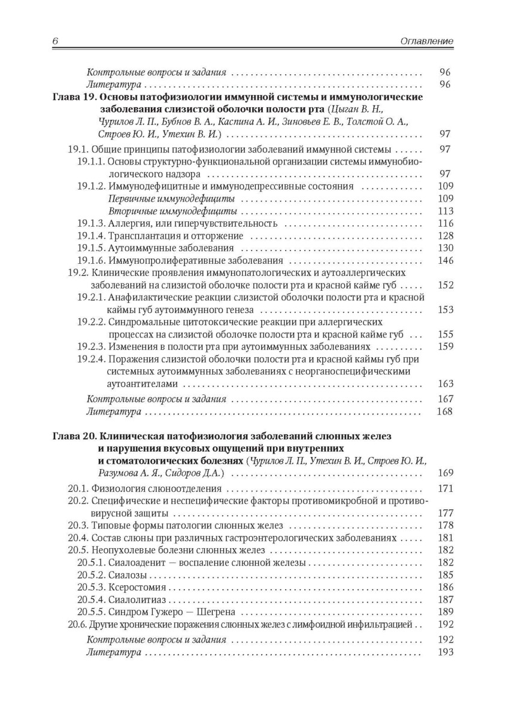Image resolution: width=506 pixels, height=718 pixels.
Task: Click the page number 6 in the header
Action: coord(54,41)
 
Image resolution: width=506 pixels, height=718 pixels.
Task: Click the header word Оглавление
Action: coord(426,41)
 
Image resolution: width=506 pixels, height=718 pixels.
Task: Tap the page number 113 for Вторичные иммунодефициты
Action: coord(446,211)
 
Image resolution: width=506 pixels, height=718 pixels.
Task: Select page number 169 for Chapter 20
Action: coord(446,473)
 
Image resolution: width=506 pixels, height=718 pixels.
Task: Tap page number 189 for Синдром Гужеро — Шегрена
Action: coord(446,612)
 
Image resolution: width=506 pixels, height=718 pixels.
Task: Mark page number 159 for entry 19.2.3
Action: coord(446,346)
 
